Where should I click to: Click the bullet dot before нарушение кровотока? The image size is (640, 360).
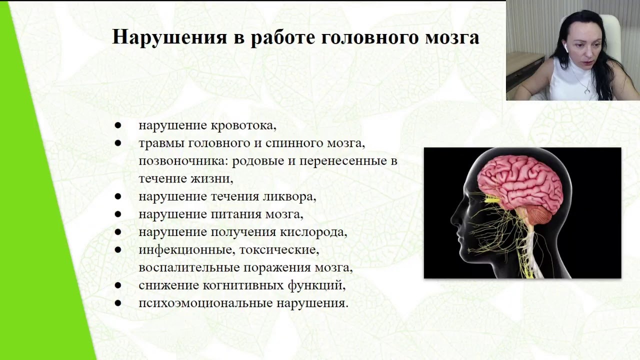click(118, 125)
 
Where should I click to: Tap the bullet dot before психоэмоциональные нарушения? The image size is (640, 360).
click(118, 303)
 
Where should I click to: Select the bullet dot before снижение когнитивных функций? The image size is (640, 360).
click(118, 285)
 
